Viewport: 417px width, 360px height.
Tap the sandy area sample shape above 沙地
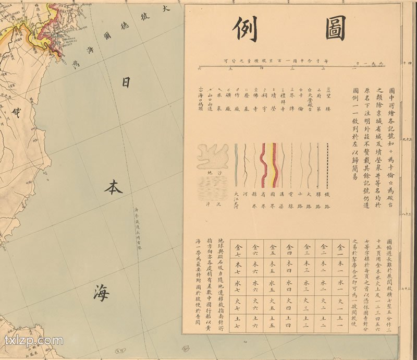(x=212, y=157)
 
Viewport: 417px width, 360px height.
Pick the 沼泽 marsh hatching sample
(x=213, y=186)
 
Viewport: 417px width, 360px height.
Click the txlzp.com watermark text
(x=33, y=341)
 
